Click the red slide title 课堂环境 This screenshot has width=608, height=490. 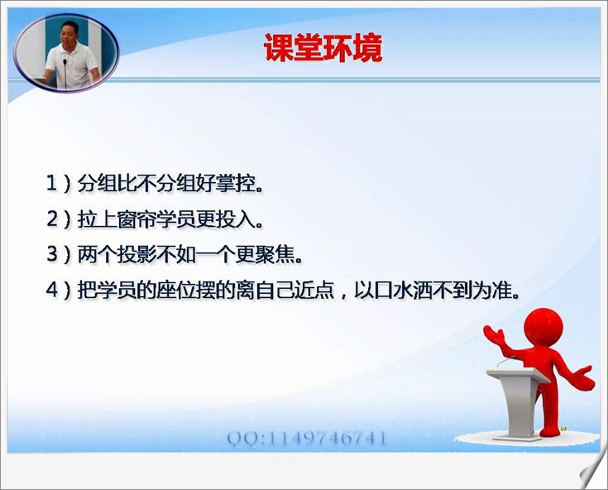[x=323, y=48]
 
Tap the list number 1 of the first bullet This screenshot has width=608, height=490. [x=51, y=183]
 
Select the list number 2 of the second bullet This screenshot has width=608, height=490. [x=52, y=219]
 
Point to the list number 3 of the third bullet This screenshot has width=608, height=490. [x=52, y=254]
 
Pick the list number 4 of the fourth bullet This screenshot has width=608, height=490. [x=52, y=290]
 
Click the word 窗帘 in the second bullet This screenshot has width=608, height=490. [x=136, y=219]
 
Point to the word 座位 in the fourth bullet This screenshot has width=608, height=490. [x=176, y=290]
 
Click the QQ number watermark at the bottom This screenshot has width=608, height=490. [x=307, y=439]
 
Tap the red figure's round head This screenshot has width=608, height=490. [x=543, y=327]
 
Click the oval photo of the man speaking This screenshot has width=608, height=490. [x=66, y=53]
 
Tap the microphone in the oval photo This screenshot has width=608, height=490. [x=65, y=73]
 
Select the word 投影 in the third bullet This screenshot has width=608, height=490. [x=136, y=254]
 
